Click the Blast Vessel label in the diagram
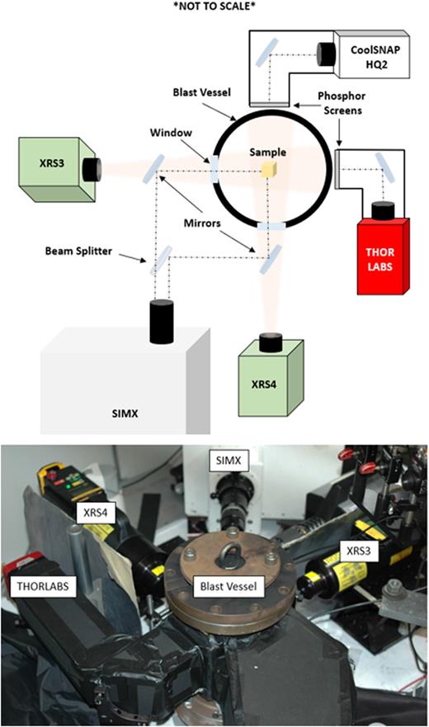(x=191, y=94)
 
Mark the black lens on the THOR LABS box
(x=382, y=212)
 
